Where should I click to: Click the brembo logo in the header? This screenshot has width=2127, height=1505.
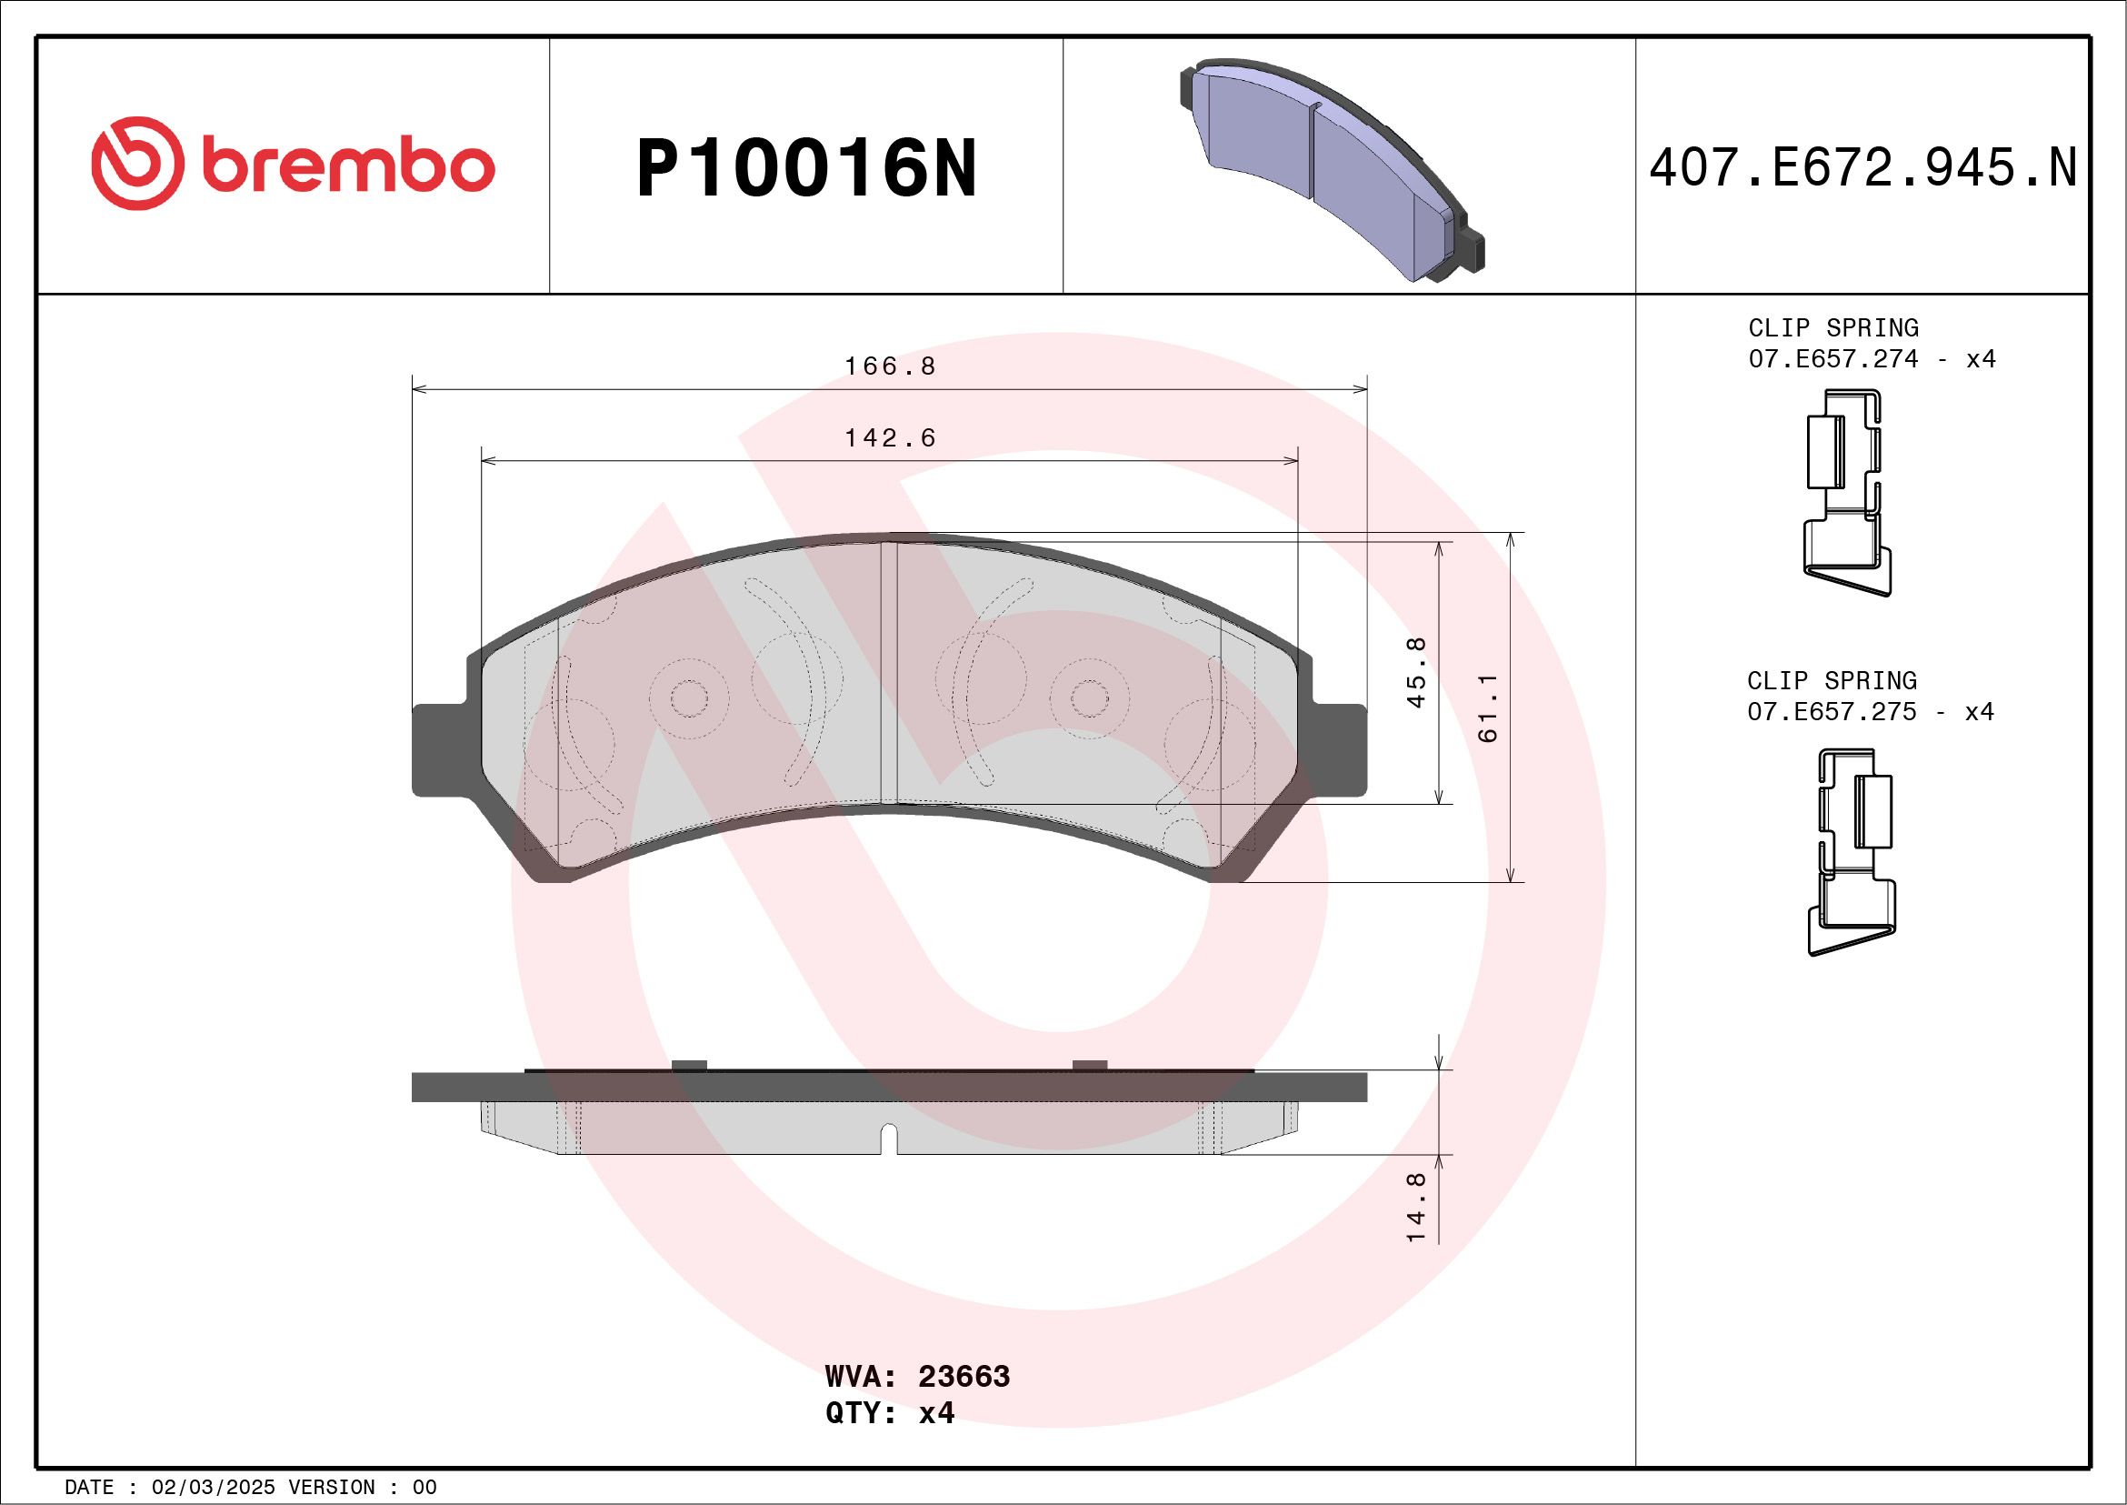[293, 163]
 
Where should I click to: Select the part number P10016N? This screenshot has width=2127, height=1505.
[806, 167]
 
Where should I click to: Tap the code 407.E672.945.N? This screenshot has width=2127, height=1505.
[1862, 167]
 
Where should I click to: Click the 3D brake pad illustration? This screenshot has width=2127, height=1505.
[1332, 172]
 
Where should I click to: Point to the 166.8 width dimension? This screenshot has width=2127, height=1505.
[889, 366]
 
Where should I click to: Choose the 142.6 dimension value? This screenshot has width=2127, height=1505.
[889, 437]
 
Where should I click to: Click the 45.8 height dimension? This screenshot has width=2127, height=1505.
[1416, 673]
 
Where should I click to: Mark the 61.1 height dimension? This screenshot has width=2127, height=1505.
[1488, 708]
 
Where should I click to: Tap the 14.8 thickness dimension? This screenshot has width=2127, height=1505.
[1416, 1207]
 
